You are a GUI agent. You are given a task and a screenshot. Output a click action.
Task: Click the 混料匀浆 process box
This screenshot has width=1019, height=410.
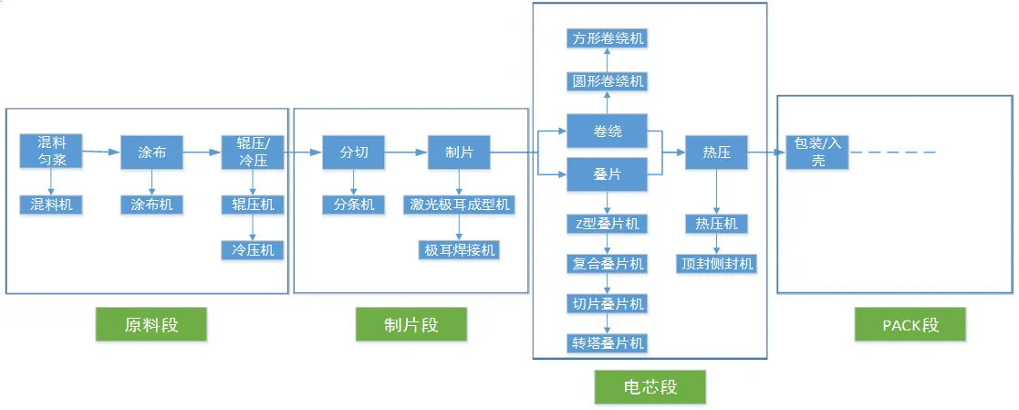click(51, 152)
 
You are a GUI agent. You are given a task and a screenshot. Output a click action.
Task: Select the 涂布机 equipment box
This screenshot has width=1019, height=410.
click(151, 205)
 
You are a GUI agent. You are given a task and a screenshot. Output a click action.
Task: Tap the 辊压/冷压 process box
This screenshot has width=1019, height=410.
click(253, 152)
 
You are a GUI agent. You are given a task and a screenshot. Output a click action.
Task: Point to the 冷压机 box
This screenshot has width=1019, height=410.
click(253, 249)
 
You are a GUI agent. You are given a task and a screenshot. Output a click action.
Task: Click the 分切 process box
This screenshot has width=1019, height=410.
click(354, 152)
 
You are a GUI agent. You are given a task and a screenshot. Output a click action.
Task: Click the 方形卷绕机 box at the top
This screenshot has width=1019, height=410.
click(608, 38)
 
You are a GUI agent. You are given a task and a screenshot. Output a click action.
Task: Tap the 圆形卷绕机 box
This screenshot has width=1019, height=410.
click(608, 81)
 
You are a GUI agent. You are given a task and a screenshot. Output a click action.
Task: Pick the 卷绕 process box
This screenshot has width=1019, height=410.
click(608, 131)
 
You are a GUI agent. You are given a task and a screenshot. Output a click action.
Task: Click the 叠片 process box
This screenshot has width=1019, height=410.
click(608, 173)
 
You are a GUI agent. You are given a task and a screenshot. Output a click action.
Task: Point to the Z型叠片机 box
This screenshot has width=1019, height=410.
click(608, 224)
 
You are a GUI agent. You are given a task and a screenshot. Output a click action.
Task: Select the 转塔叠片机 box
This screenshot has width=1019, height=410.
click(608, 342)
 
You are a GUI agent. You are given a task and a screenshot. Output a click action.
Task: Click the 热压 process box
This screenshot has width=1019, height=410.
click(717, 152)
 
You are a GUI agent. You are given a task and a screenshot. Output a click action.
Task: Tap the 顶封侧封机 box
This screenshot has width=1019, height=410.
click(717, 264)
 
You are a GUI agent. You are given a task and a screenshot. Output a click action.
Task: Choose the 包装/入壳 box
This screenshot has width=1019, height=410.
click(817, 152)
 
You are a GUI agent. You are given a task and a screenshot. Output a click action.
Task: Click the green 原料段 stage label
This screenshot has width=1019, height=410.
click(151, 324)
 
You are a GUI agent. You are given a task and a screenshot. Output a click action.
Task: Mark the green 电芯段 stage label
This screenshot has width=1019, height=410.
click(650, 386)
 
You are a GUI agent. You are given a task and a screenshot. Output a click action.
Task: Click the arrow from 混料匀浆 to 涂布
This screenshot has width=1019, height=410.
click(101, 152)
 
